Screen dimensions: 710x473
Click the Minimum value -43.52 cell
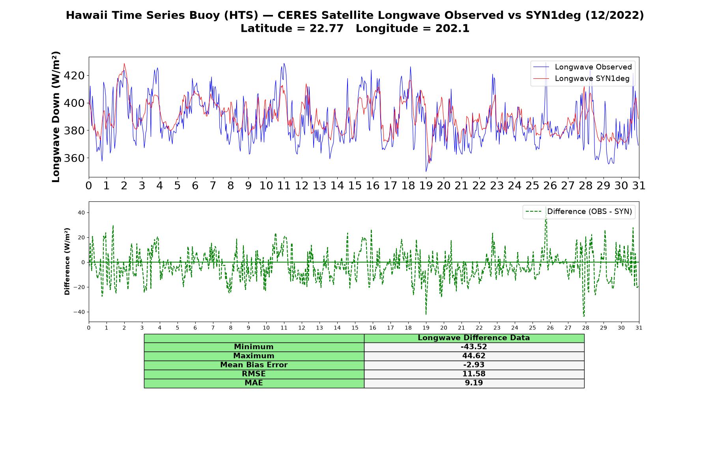tap(474, 347)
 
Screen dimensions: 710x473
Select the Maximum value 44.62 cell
tap(474, 356)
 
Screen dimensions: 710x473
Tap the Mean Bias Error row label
tap(254, 365)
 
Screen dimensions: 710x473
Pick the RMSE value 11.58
tap(474, 374)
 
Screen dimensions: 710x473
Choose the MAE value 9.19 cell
tap(474, 383)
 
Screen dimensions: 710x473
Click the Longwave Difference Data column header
tap(474, 338)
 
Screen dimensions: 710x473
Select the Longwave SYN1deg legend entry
tap(581, 78)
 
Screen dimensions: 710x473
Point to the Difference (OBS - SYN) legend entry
tap(579, 212)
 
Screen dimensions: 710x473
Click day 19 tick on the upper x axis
tap(426, 185)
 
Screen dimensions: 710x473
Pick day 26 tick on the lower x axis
tap(550, 328)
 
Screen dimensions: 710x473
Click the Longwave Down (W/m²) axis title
tap(56, 117)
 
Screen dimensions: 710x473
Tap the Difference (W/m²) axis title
tap(67, 261)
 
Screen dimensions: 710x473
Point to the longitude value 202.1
tap(452, 28)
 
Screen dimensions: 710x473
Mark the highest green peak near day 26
tap(546, 207)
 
